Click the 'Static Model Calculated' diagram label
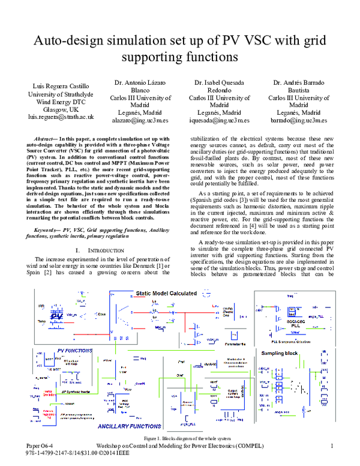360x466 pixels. click(166, 293)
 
